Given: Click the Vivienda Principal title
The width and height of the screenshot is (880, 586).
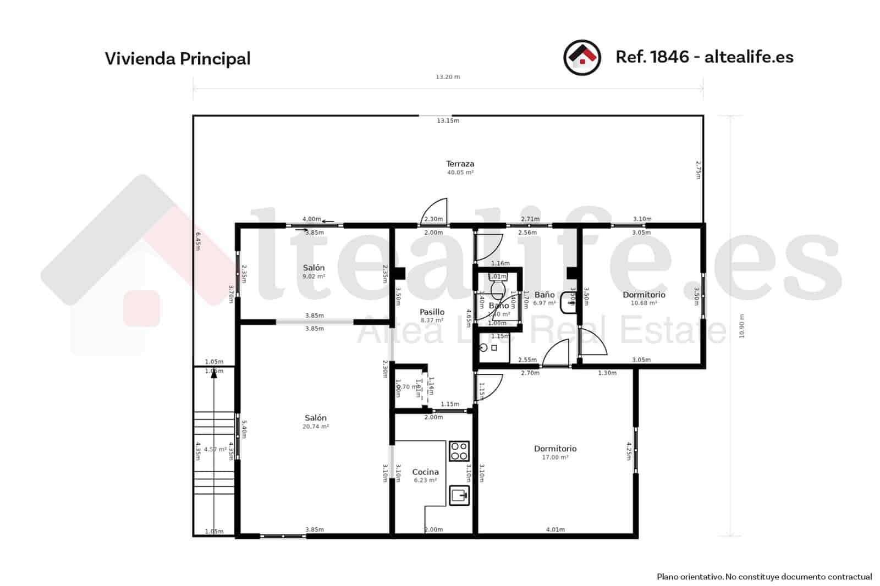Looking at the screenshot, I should (178, 59).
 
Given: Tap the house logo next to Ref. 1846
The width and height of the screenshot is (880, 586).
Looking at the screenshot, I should (582, 58).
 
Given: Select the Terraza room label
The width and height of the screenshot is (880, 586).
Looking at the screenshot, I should (460, 164).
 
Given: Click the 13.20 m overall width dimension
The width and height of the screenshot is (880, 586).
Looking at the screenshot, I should (448, 77).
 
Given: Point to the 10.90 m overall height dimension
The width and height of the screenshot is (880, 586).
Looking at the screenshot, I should (741, 326).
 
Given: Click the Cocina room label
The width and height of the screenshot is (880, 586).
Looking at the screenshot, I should (425, 472).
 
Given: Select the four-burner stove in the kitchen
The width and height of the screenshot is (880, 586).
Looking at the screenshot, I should (459, 451).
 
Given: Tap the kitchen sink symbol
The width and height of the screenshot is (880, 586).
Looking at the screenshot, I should (459, 495).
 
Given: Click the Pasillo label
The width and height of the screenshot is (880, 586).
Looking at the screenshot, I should (432, 312).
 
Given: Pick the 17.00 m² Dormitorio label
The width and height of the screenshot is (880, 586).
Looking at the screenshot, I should (555, 449).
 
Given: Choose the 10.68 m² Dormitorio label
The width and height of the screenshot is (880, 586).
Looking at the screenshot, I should (643, 295).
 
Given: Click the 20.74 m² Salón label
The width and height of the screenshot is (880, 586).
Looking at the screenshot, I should (315, 418).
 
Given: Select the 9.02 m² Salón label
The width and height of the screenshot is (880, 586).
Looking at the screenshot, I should (313, 268).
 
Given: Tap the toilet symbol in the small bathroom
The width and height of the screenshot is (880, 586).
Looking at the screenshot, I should (498, 288).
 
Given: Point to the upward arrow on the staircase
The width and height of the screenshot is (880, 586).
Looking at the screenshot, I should (214, 379).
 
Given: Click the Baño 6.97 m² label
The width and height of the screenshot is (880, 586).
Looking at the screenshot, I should (544, 295).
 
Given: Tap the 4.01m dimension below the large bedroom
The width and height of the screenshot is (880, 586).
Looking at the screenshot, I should (555, 530).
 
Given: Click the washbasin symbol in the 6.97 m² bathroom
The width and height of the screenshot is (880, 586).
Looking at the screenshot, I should (568, 303).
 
